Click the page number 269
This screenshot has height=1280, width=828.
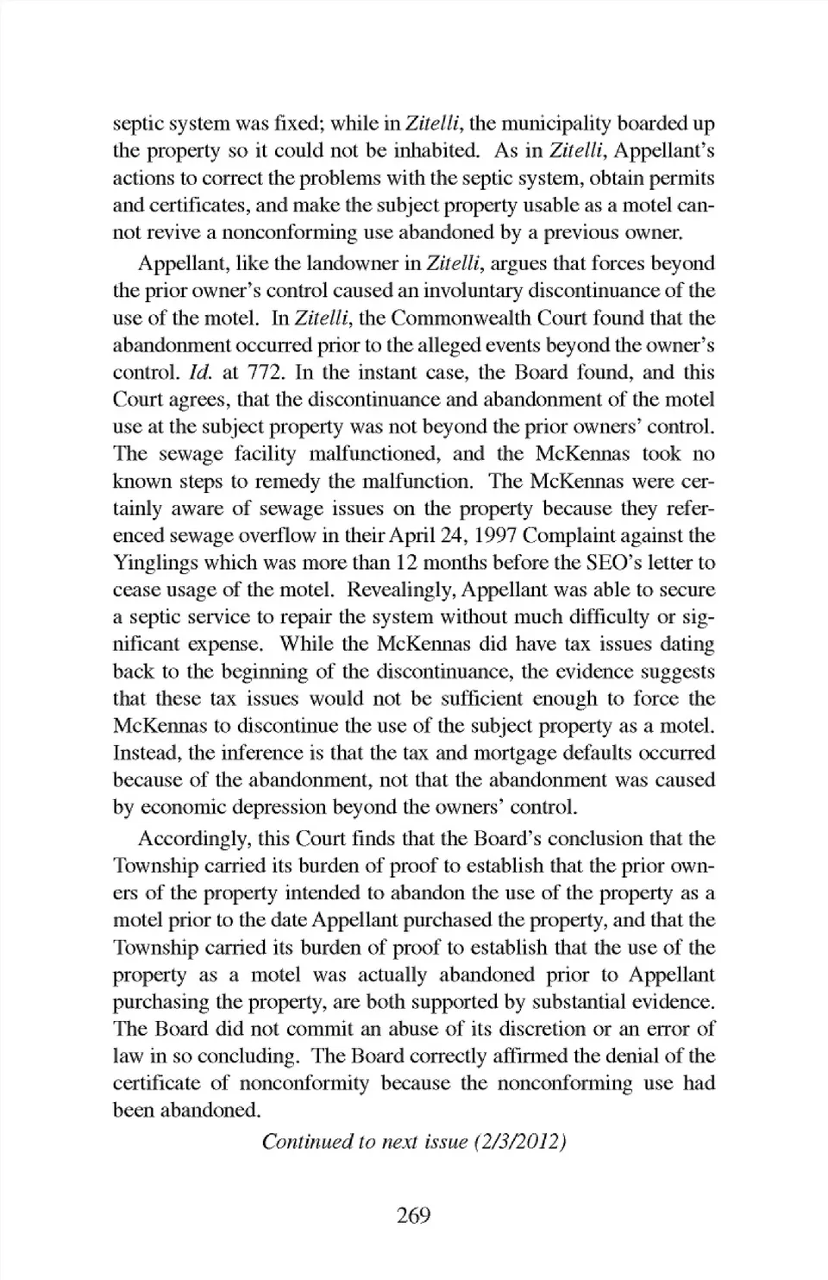point(413,1215)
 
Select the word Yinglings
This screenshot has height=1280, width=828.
point(157,563)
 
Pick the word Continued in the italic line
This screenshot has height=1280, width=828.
point(306,1142)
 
